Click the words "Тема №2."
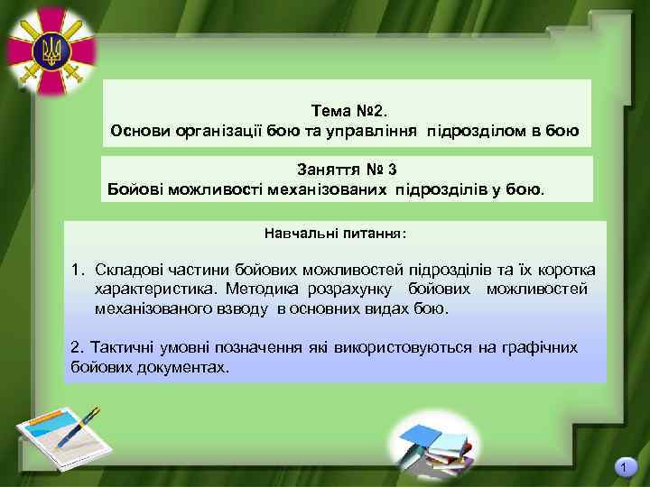coord(348,111)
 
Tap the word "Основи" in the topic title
coord(139,132)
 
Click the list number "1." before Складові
coord(79,271)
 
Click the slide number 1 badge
coord(623,467)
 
